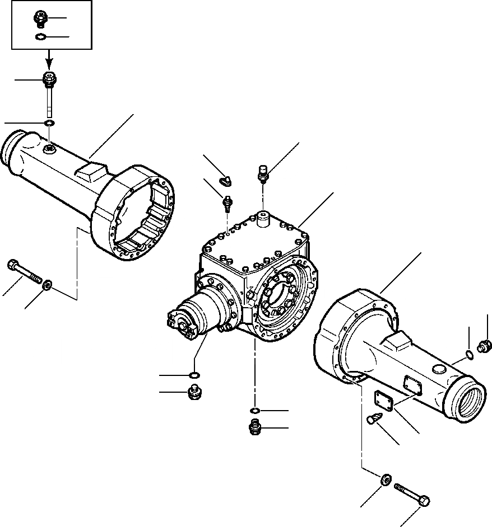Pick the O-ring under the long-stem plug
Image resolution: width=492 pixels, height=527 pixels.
(49, 123)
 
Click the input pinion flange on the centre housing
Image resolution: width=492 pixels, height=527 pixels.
(182, 325)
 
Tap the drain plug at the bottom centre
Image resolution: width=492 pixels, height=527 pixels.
(256, 429)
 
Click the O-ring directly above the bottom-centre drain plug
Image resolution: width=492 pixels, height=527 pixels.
(255, 412)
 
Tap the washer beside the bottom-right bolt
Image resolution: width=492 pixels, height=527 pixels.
(385, 481)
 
